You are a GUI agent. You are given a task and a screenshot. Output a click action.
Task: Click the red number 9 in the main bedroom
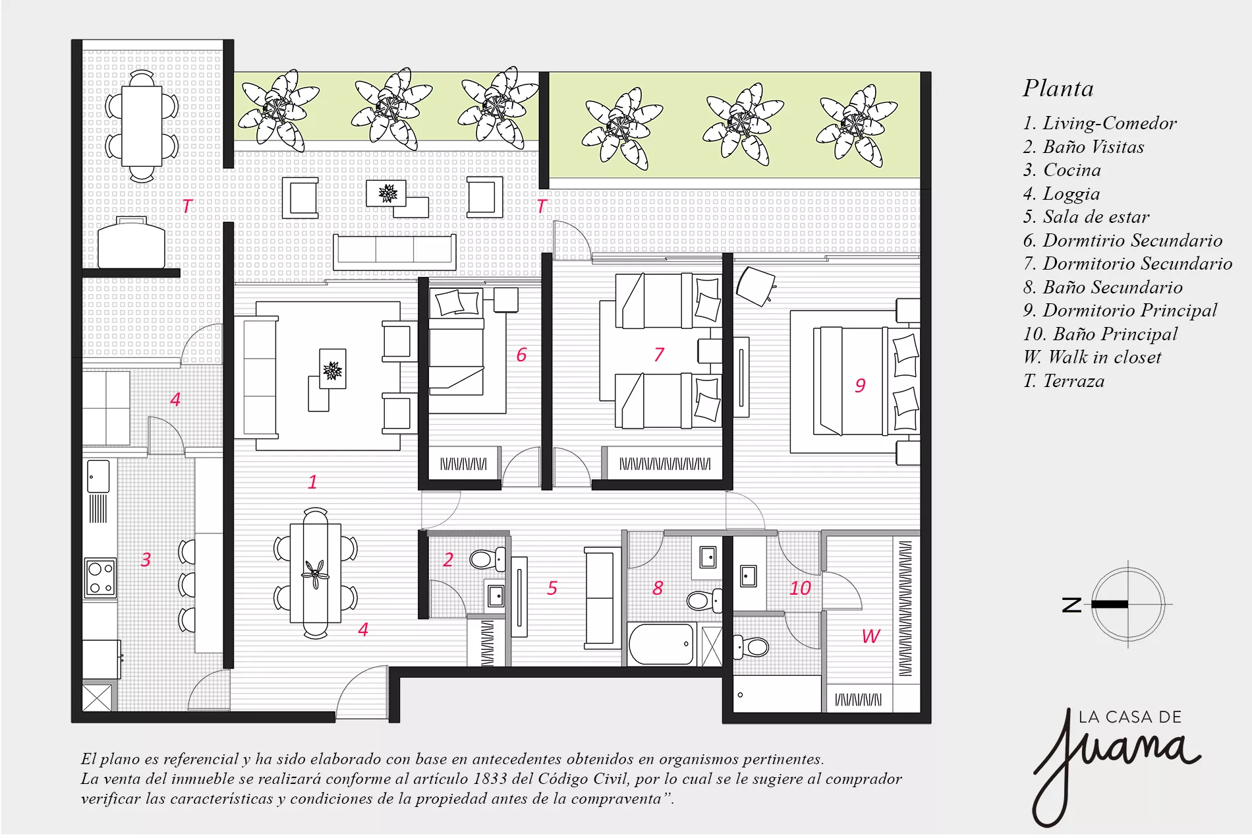coord(860,385)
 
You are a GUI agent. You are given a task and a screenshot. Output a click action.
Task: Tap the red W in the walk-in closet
coord(871,636)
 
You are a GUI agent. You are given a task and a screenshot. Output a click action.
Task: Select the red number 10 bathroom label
coord(800,588)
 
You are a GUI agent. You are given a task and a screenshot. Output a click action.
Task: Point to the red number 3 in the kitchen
coord(146,560)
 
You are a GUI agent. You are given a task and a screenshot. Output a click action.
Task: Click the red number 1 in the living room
coord(312,482)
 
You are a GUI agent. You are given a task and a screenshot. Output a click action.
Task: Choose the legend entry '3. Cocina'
coord(1062,170)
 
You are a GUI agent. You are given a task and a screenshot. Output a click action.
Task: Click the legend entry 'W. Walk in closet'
coord(1092,357)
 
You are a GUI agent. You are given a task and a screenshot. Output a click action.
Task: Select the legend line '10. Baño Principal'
coord(1100,334)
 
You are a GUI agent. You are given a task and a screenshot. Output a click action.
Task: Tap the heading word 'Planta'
coord(1058,88)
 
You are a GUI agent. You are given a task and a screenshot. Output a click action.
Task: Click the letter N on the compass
coord(1071,605)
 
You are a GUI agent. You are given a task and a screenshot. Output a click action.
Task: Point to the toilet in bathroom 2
coord(487,560)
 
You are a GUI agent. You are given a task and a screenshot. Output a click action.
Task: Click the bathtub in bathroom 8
coord(662,644)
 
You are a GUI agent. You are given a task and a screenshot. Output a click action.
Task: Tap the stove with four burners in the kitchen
coord(100,578)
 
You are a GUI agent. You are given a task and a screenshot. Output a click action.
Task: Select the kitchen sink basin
coord(98,476)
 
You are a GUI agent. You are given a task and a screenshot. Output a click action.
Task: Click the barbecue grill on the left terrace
coord(131,243)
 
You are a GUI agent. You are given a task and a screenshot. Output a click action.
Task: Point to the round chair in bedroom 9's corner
coord(755,285)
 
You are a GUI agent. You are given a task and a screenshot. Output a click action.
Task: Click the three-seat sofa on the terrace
coord(395,252)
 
